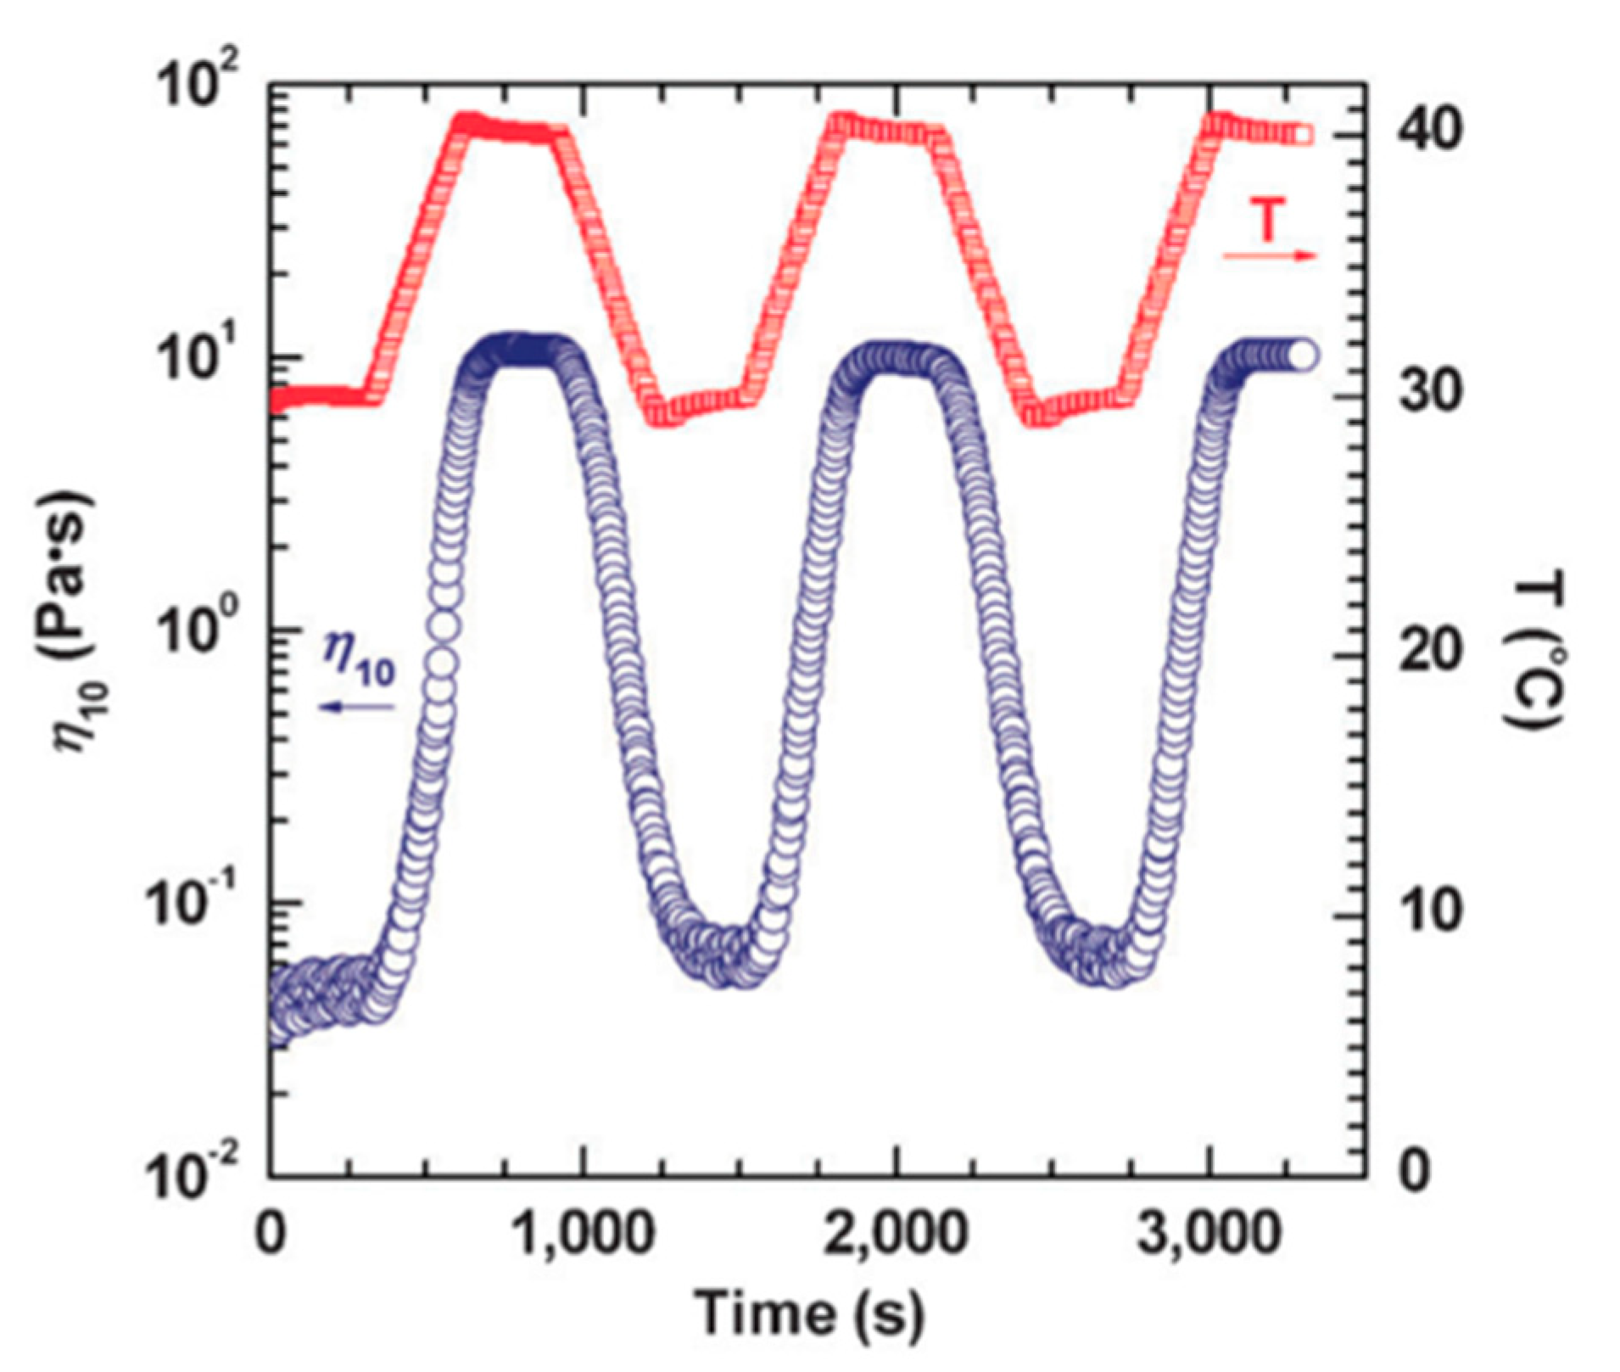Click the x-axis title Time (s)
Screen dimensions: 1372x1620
click(809, 1313)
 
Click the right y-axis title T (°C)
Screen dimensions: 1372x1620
click(1533, 653)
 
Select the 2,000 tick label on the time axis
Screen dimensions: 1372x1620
click(896, 1235)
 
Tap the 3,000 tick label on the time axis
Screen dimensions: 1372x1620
click(1208, 1235)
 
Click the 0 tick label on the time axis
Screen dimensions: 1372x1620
click(271, 1235)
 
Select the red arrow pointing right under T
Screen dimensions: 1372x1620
click(1269, 255)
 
